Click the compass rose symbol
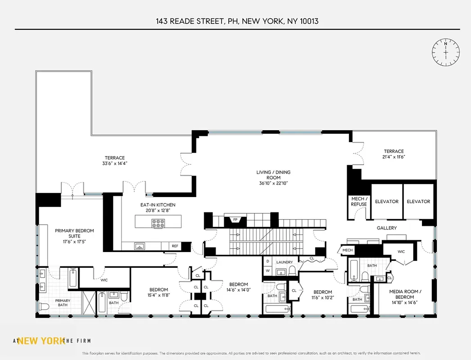(445, 52)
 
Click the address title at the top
(237, 21)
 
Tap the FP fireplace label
(235, 220)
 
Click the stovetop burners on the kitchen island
(159, 221)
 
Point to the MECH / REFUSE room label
(359, 201)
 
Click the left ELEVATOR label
(387, 202)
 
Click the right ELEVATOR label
(418, 202)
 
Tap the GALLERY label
(386, 228)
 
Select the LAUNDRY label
(285, 262)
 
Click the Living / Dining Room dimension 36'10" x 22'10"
(273, 183)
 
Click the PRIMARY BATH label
(63, 302)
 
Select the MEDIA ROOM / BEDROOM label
(404, 294)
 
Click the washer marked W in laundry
(267, 270)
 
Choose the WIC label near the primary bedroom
(104, 280)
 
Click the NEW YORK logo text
(41, 341)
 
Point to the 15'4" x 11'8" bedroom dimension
(159, 296)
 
